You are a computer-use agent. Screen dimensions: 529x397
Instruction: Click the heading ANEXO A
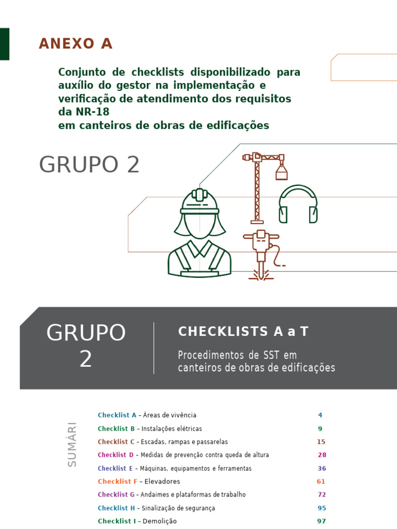75,44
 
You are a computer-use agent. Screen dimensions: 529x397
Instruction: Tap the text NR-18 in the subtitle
91,112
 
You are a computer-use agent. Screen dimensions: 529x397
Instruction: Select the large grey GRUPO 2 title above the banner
89,165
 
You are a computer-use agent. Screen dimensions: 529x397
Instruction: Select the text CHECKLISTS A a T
243,332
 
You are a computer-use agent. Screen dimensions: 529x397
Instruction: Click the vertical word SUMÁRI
72,444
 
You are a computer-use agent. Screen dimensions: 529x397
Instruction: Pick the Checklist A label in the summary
117,415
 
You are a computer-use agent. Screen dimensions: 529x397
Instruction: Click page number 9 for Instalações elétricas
320,429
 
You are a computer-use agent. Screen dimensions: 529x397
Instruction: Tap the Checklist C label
116,442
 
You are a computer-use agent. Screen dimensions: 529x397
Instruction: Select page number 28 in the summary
322,455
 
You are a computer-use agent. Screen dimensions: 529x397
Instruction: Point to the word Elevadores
162,481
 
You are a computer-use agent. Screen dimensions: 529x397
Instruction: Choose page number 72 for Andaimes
322,495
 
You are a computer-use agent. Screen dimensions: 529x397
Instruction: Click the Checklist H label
116,508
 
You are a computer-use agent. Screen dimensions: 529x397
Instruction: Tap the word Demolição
159,521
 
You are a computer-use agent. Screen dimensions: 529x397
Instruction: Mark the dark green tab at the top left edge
4,44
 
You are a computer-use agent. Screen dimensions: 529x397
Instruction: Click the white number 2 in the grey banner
86,360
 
